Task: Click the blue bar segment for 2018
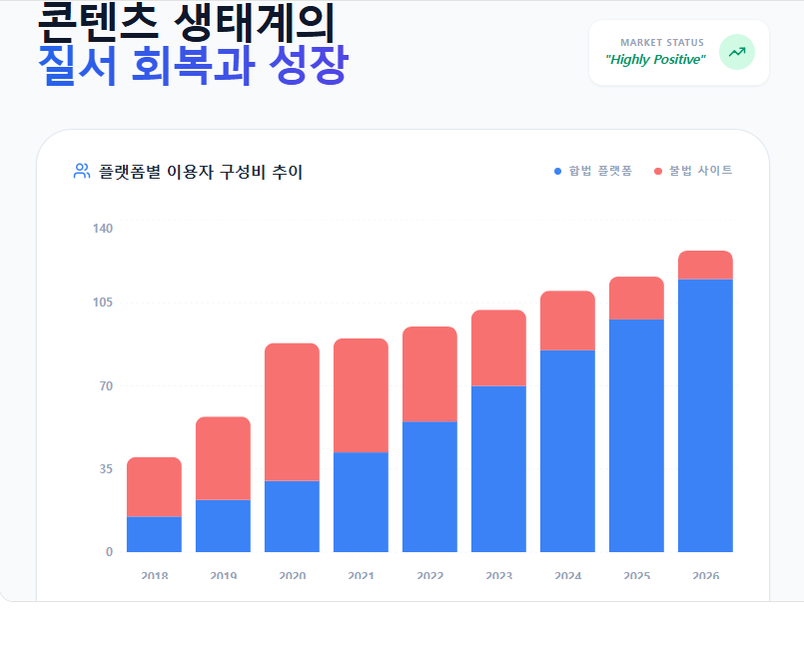click(x=154, y=534)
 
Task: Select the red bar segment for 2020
click(x=292, y=411)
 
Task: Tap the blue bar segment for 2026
click(x=705, y=415)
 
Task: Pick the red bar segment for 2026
click(x=705, y=265)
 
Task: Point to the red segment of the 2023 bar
click(x=498, y=347)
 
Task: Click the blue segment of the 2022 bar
click(x=429, y=486)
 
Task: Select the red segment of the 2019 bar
click(x=223, y=458)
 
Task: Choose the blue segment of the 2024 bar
click(x=567, y=450)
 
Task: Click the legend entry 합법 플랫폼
click(x=593, y=172)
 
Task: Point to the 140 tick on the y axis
click(x=103, y=229)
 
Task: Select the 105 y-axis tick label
click(x=103, y=303)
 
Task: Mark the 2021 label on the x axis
click(x=361, y=576)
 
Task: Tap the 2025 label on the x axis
click(x=636, y=576)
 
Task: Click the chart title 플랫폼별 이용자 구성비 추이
click(x=201, y=172)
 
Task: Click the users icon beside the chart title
click(x=82, y=172)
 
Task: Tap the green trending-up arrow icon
click(x=737, y=52)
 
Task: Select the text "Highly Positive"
click(x=655, y=60)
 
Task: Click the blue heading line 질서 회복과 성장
click(x=193, y=66)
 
